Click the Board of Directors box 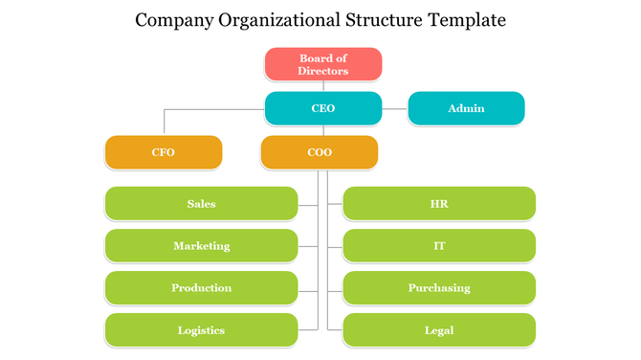(x=323, y=64)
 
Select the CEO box (x=323, y=108)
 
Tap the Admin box (x=466, y=108)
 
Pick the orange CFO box (x=163, y=152)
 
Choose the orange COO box (x=320, y=152)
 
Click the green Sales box (x=201, y=204)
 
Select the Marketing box (x=201, y=246)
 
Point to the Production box (x=201, y=288)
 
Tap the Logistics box (x=201, y=330)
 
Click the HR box (x=439, y=204)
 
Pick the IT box (x=439, y=246)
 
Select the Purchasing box (x=439, y=288)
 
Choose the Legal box (x=439, y=330)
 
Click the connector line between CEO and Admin (x=395, y=109)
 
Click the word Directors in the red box (x=323, y=71)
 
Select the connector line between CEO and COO (x=323, y=130)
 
